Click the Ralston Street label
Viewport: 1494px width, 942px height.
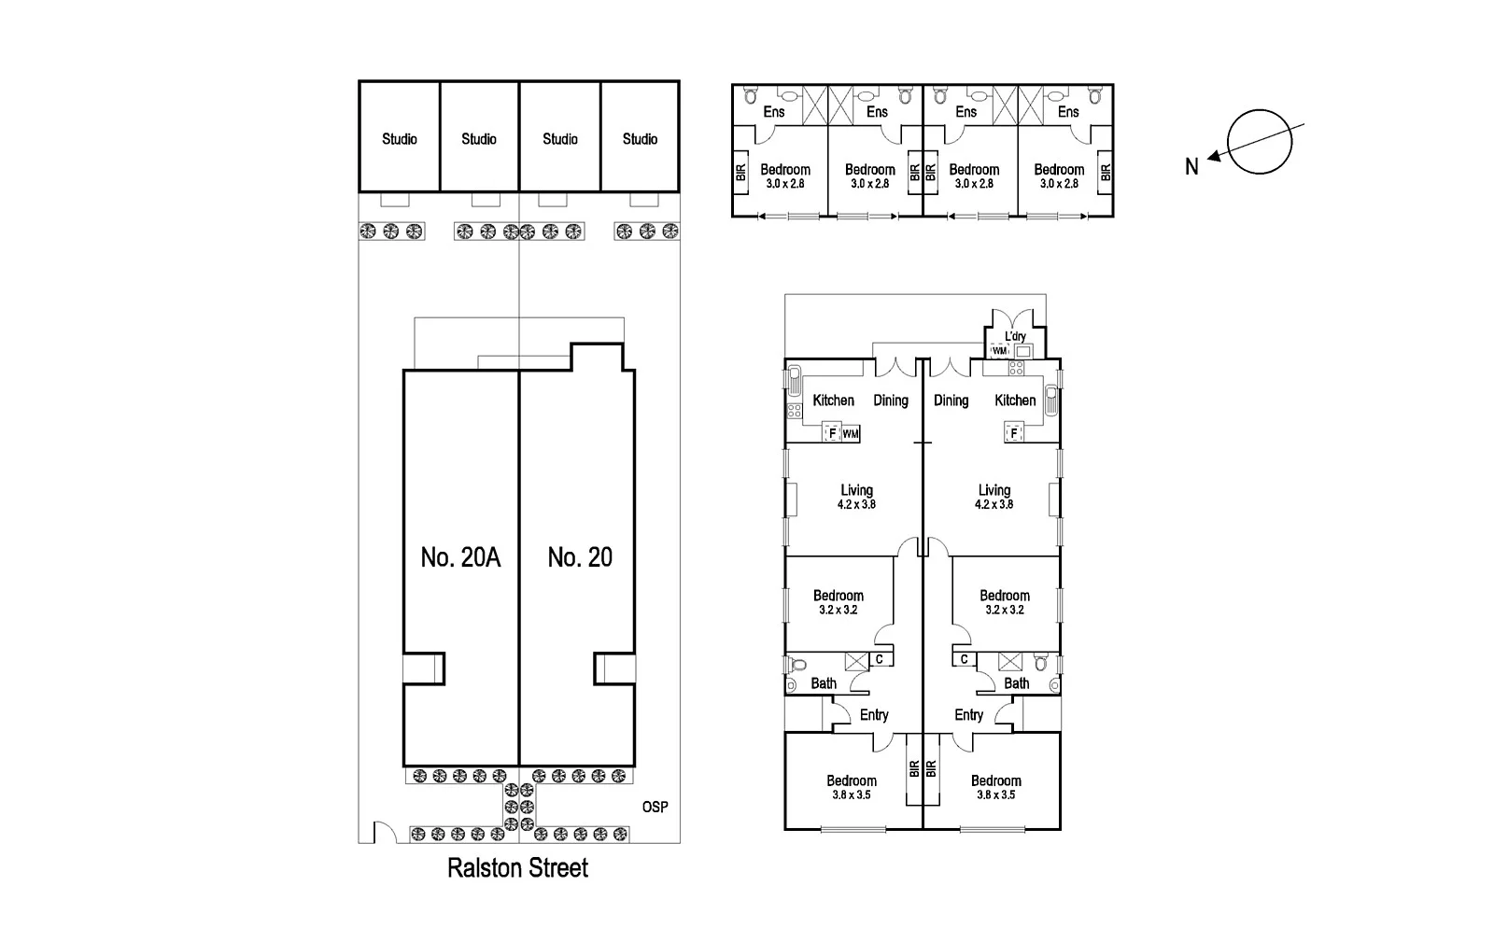tap(517, 868)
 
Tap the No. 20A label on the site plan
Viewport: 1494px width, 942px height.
tap(460, 557)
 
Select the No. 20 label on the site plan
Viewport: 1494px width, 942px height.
tap(580, 557)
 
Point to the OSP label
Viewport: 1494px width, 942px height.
tap(655, 807)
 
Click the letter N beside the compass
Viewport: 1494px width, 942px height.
tap(1191, 167)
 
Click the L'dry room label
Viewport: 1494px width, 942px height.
tap(1015, 336)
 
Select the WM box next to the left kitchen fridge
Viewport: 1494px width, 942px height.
tap(851, 434)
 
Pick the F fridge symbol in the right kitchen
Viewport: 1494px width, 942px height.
tap(1014, 433)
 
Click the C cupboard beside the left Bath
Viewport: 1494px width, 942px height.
tap(880, 659)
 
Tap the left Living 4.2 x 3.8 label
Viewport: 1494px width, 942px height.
tap(856, 497)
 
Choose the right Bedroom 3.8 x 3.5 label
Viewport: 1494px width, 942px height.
tap(995, 787)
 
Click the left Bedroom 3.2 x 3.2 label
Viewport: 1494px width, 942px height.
tap(839, 601)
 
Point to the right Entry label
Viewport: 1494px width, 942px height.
tap(968, 714)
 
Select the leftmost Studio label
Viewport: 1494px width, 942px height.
tap(400, 139)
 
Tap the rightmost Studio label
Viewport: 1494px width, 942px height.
tap(641, 139)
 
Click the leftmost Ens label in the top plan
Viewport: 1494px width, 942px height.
tap(774, 111)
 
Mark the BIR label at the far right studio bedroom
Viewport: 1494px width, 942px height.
tap(1106, 173)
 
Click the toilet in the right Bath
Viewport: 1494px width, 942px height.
tap(1041, 664)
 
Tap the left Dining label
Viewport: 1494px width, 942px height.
tap(891, 400)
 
